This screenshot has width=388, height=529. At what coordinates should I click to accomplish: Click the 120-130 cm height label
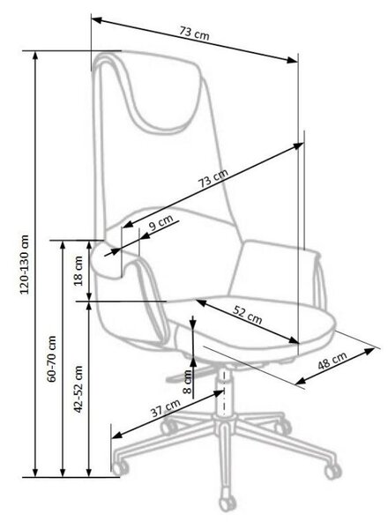coord(25,264)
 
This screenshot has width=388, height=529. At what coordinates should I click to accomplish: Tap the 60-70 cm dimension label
coord(52,359)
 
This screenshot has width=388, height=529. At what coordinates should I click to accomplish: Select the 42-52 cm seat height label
coord(78,389)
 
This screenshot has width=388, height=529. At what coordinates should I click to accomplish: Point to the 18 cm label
coord(78,271)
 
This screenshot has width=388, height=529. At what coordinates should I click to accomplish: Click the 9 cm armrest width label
coord(160,223)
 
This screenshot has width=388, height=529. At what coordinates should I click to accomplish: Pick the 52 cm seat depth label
coord(247,315)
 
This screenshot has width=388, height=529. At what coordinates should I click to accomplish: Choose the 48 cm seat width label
coord(332,361)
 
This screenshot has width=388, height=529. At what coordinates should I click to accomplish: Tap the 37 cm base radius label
coord(166,408)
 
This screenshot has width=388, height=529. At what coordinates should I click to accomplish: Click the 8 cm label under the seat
coord(187,382)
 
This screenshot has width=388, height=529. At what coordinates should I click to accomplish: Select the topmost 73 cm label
coord(194,33)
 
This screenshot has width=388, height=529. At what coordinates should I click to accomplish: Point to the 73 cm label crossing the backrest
coord(213,178)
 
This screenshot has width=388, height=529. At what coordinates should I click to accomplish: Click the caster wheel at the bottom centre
coord(227,504)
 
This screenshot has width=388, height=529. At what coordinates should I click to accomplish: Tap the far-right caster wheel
coord(332,471)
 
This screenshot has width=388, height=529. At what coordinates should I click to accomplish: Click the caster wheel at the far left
coord(119,467)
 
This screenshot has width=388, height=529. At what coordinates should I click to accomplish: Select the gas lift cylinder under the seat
coord(224,392)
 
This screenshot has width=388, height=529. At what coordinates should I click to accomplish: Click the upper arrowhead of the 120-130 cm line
coord(35,56)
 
